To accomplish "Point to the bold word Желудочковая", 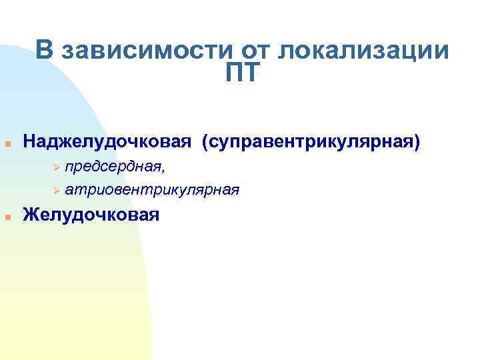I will pos(91,215).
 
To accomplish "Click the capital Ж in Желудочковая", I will pos(31,215).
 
